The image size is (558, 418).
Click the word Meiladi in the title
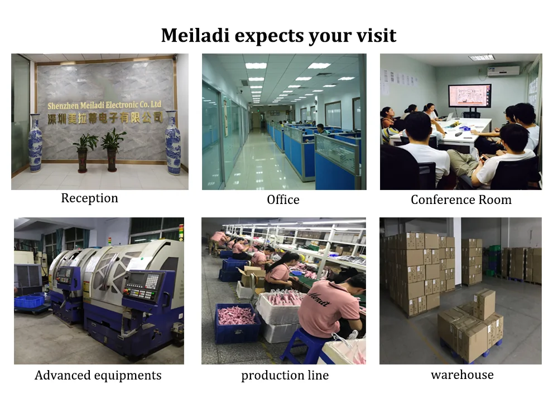pos(195,35)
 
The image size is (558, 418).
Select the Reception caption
pos(89,198)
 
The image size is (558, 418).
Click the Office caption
pos(283,200)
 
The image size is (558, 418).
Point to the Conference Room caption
pos(461,200)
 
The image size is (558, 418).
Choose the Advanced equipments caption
pos(98,376)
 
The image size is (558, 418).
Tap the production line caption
pos(285,376)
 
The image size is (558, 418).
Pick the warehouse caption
pos(462,375)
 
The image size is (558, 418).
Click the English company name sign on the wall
pos(104,105)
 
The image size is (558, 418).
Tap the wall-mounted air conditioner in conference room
pos(503,71)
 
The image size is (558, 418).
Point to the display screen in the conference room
pos(470,95)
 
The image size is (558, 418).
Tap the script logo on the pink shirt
pos(318,299)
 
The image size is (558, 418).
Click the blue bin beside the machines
pos(28,302)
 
